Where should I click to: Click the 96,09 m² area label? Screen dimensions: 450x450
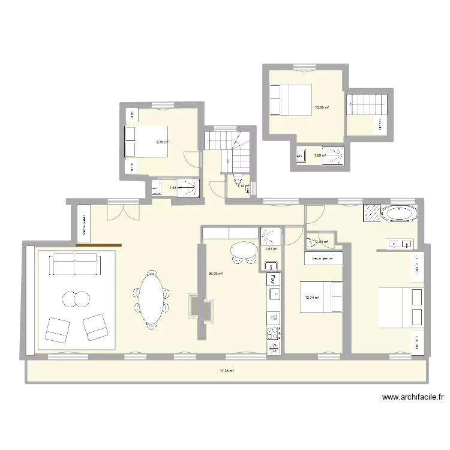pos(215,274)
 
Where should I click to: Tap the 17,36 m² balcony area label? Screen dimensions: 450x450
pos(226,371)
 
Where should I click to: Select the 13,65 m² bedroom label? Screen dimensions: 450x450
pos(322,108)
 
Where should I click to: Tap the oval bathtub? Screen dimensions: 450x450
pos(400,214)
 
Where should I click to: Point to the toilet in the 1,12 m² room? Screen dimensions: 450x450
pos(239,181)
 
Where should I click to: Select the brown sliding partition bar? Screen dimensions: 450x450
pos(99,245)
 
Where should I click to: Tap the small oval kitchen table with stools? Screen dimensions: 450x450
pos(243,249)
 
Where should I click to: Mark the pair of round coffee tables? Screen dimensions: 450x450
pos(74,298)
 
